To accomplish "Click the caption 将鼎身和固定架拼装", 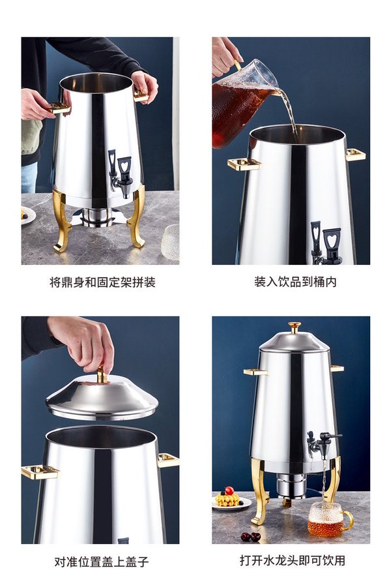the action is click(x=102, y=282).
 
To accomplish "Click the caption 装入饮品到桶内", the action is click(x=295, y=282).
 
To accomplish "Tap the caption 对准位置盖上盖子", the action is click(x=102, y=562).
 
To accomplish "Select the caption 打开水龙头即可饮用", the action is click(x=292, y=560).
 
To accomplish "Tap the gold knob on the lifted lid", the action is click(x=102, y=375).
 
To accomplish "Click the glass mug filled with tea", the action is click(x=328, y=519).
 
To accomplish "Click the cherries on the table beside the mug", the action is click(x=251, y=537).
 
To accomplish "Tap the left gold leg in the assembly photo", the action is click(x=62, y=220).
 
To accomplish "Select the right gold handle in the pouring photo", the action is click(x=355, y=155).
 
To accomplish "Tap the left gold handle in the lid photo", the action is click(x=40, y=472).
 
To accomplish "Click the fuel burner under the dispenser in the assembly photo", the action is click(x=97, y=217).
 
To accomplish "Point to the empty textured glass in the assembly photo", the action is click(x=171, y=242).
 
